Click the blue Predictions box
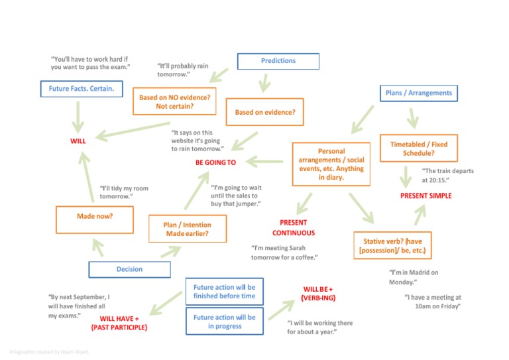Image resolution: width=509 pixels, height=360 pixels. [x=278, y=61]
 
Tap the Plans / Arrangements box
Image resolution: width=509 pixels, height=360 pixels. [x=419, y=93]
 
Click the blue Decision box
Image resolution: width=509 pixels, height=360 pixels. [x=129, y=269]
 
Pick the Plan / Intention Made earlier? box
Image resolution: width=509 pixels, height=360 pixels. [x=188, y=229]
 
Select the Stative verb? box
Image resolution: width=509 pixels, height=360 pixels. [x=392, y=247]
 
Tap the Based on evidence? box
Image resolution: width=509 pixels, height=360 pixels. [x=265, y=112]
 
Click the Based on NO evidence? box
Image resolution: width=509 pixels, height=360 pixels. [x=174, y=101]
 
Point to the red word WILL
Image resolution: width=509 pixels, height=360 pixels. [x=78, y=141]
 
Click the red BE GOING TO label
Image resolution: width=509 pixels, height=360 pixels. [x=215, y=162]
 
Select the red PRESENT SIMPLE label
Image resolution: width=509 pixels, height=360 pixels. [x=426, y=196]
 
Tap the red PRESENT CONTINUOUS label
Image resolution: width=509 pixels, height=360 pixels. [x=294, y=227]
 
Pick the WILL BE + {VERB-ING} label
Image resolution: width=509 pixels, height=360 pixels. [x=317, y=293]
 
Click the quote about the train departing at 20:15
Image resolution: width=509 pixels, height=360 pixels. [x=447, y=175]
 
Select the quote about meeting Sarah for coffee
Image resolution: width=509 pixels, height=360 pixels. [x=285, y=252]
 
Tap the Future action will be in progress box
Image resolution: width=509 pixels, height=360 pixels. [x=224, y=322]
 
